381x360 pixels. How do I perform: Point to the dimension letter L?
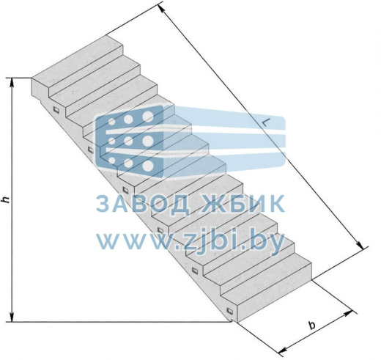pyautogui.click(x=266, y=122)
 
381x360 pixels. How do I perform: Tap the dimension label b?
pyautogui.click(x=311, y=326)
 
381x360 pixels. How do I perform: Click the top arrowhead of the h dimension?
pyautogui.click(x=12, y=83)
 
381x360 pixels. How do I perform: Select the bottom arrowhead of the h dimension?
pyautogui.click(x=12, y=317)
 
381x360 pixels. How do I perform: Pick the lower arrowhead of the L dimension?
pyautogui.click(x=360, y=245)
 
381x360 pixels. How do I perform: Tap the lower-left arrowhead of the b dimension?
pyautogui.click(x=284, y=350)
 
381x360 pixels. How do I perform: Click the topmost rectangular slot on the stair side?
pyautogui.click(x=56, y=110)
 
